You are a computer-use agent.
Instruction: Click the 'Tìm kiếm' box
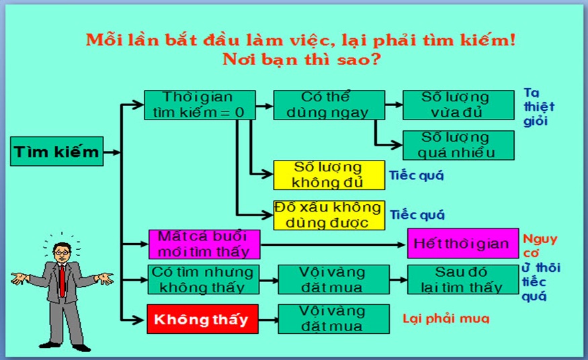pyautogui.click(x=56, y=151)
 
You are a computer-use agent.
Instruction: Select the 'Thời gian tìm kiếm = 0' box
pyautogui.click(x=200, y=105)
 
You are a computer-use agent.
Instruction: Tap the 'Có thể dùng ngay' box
pyautogui.click(x=329, y=105)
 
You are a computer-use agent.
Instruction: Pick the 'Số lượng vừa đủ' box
pyautogui.click(x=458, y=105)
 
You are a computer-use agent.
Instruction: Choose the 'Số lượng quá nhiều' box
pyautogui.click(x=458, y=145)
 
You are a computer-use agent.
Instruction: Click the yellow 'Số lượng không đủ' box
pyautogui.click(x=329, y=175)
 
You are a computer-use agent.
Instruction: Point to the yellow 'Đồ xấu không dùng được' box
pyautogui.click(x=329, y=215)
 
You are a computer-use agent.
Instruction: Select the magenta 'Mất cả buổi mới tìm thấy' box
pyautogui.click(x=204, y=244)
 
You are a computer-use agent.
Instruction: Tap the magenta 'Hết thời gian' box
pyautogui.click(x=463, y=244)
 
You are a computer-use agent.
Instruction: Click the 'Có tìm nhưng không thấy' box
pyautogui.click(x=203, y=279)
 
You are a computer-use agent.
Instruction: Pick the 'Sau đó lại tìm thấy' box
pyautogui.click(x=463, y=279)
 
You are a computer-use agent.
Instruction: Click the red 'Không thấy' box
pyautogui.click(x=202, y=319)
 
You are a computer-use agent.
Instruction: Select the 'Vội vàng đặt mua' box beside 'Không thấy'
pyautogui.click(x=334, y=319)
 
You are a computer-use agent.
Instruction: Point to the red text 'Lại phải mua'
pyautogui.click(x=446, y=319)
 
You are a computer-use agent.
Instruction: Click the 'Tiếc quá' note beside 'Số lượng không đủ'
pyautogui.click(x=416, y=175)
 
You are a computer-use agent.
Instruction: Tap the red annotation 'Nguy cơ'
pyautogui.click(x=540, y=246)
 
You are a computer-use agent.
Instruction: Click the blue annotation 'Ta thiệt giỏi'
pyautogui.click(x=539, y=107)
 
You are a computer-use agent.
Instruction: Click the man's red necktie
pyautogui.click(x=62, y=280)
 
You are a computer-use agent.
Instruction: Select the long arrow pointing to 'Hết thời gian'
pyautogui.click(x=333, y=245)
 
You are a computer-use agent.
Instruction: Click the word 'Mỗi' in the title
pyautogui.click(x=104, y=40)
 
